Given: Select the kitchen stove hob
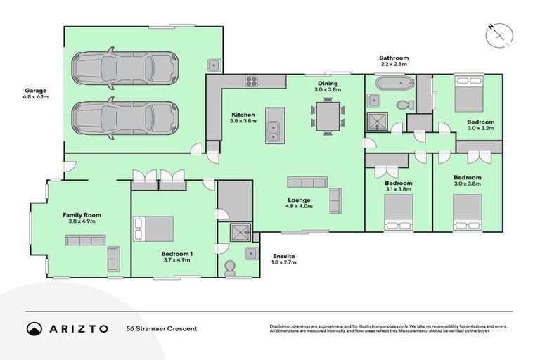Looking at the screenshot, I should pos(252,82).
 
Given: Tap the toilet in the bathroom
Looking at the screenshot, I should pos(403,105).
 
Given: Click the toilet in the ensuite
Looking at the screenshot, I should pos(229,267).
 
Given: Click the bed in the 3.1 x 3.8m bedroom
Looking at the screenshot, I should pos(398,212).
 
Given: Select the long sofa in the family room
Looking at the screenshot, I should pos(85,240).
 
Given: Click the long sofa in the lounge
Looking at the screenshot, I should pos(307,182).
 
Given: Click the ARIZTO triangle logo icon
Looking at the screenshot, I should pos(33,328).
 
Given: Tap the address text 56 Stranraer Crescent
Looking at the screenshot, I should pos(162,328).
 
